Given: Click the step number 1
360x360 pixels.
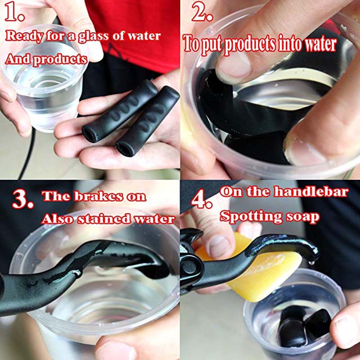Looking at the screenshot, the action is tap(14, 12).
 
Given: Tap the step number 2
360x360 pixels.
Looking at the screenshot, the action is tap(202, 12).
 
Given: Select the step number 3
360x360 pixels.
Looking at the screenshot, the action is tap(22, 199).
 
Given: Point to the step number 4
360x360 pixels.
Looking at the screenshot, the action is tap(201, 199).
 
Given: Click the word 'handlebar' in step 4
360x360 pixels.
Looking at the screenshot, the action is tap(311, 192).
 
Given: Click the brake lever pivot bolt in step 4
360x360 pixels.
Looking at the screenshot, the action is tap(189, 267).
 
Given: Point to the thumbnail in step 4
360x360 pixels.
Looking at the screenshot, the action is tap(217, 246).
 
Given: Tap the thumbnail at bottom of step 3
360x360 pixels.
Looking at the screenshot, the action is tap(116, 351).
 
